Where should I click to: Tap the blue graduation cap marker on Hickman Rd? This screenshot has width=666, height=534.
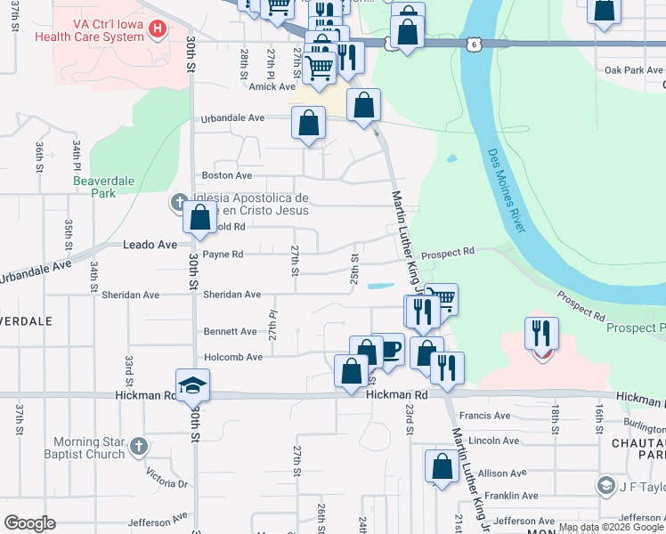click(x=191, y=384)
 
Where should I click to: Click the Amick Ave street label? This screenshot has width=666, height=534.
click(x=272, y=86)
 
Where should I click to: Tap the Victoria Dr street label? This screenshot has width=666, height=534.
click(x=170, y=483)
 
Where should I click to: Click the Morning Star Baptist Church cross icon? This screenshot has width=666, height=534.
click(x=138, y=446)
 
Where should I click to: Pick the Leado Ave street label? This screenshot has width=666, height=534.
click(x=150, y=244)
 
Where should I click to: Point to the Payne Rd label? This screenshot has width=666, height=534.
click(x=223, y=254)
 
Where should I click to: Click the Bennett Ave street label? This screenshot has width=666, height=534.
click(x=231, y=331)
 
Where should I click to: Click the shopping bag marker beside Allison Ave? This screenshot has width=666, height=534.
click(x=442, y=466)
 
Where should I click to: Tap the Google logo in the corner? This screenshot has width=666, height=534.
click(x=29, y=523)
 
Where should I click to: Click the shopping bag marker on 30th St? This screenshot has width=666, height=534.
click(x=200, y=216)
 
